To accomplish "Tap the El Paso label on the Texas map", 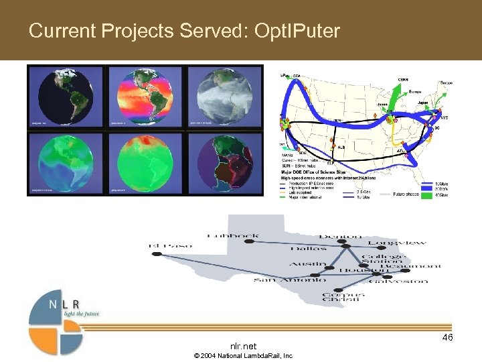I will point(170,246).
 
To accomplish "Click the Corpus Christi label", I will point(343,298).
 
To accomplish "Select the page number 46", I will point(447,337).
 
